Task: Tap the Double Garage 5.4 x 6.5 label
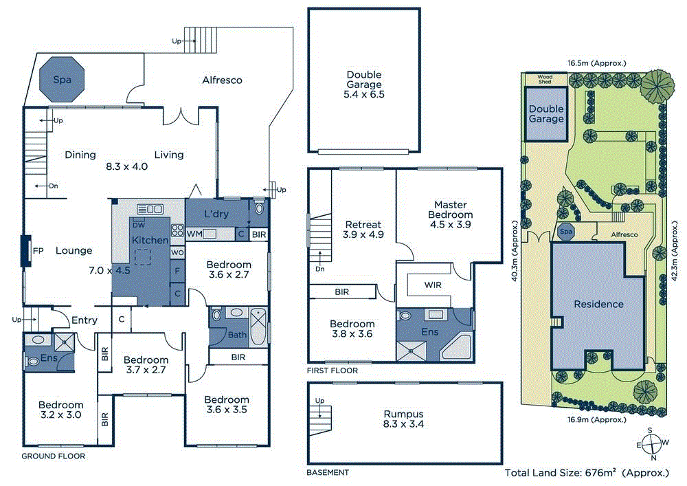364,85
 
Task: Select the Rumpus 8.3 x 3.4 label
403,419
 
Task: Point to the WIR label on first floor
433,285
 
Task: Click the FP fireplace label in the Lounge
38,252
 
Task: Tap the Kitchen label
150,241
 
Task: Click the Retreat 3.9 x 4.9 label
363,229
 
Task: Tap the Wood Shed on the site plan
545,80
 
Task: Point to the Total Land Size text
586,473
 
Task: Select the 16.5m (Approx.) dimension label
596,63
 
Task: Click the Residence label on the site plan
599,304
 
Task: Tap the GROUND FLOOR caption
53,456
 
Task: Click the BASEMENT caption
328,472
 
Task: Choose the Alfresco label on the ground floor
222,80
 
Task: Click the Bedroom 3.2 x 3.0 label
60,410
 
